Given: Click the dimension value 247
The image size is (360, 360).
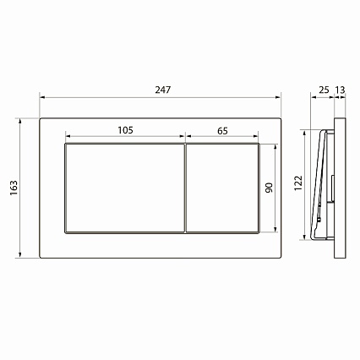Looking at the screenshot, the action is tap(163, 90).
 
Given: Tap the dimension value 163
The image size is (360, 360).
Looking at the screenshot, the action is tap(14, 188).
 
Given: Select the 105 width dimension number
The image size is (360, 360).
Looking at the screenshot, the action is tap(125, 130).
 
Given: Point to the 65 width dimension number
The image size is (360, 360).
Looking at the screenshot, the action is tap(222, 131).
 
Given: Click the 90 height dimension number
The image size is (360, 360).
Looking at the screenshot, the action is tap(270, 188).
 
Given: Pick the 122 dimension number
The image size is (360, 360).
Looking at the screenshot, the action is tap(298, 183).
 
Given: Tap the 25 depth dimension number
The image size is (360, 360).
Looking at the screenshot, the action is tap(324, 90).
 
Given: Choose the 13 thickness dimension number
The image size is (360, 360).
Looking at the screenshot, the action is tap(341, 90).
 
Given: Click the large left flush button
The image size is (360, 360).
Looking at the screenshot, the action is tap(125, 188).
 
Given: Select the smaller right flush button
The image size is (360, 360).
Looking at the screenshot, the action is tap(222, 188).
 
